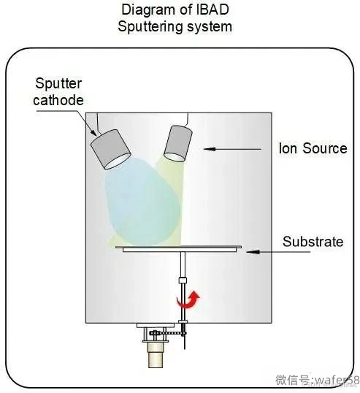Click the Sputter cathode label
click(58, 92)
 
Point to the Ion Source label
click(313, 148)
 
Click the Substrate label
click(313, 242)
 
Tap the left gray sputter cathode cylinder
click(110, 149)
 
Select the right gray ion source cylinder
click(178, 143)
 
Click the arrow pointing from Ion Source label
click(232, 149)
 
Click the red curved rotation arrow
click(188, 299)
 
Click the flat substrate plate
click(179, 249)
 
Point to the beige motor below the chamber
click(156, 355)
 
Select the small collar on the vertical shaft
click(183, 280)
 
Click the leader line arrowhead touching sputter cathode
click(93, 132)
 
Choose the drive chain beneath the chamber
click(168, 333)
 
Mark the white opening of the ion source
click(175, 157)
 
